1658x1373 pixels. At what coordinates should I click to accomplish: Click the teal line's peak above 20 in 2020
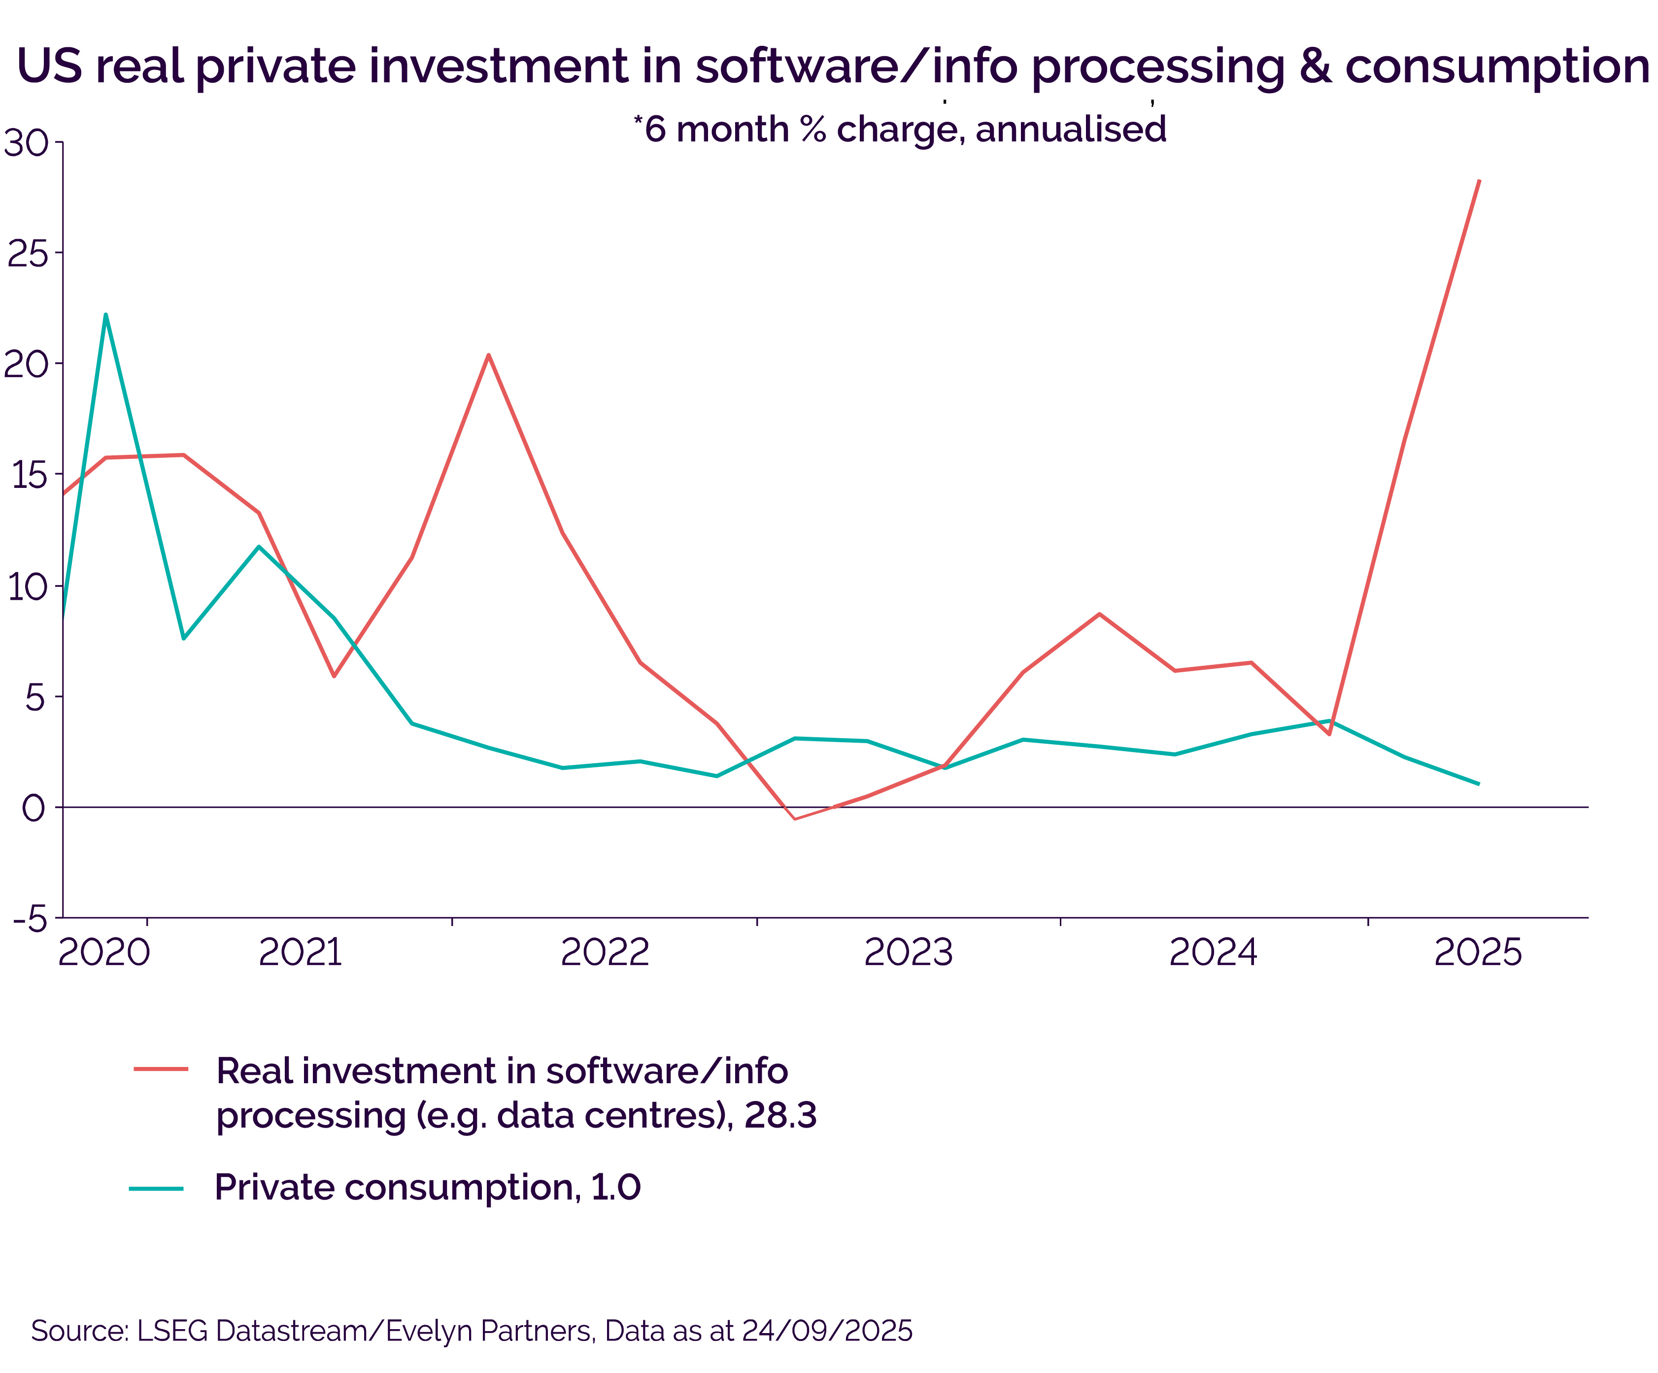[106, 314]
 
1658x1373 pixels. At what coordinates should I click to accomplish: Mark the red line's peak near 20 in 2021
[489, 355]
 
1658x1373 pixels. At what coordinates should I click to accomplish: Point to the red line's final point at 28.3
[1479, 181]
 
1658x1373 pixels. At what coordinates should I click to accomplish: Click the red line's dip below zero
[794, 819]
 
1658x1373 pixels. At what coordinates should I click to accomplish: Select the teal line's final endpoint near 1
[1478, 784]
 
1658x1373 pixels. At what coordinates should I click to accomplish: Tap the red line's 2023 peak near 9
[1099, 614]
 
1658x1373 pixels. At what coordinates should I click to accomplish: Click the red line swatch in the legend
[161, 1069]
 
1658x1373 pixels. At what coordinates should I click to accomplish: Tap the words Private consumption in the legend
[393, 1188]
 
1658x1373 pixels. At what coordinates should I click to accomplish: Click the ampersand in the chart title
[1315, 67]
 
